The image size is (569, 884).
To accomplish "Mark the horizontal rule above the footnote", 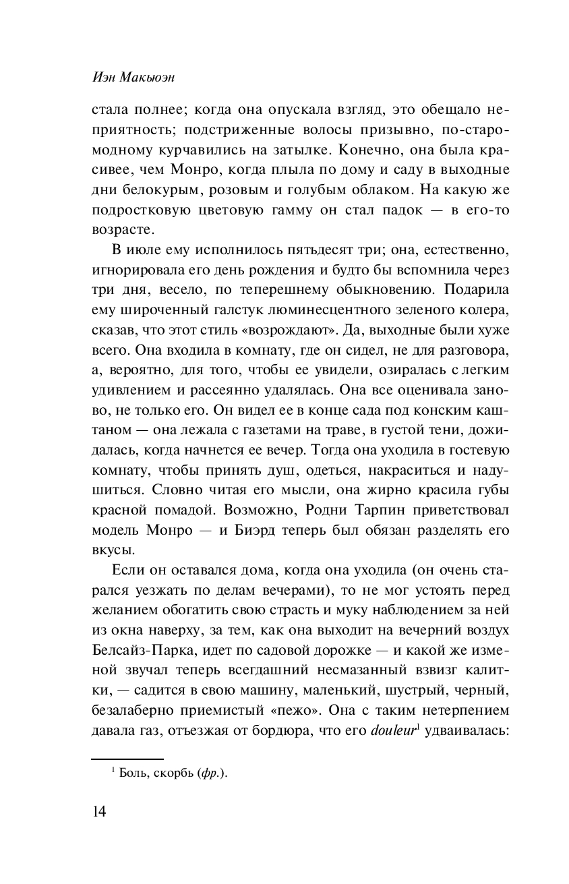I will (127, 759).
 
